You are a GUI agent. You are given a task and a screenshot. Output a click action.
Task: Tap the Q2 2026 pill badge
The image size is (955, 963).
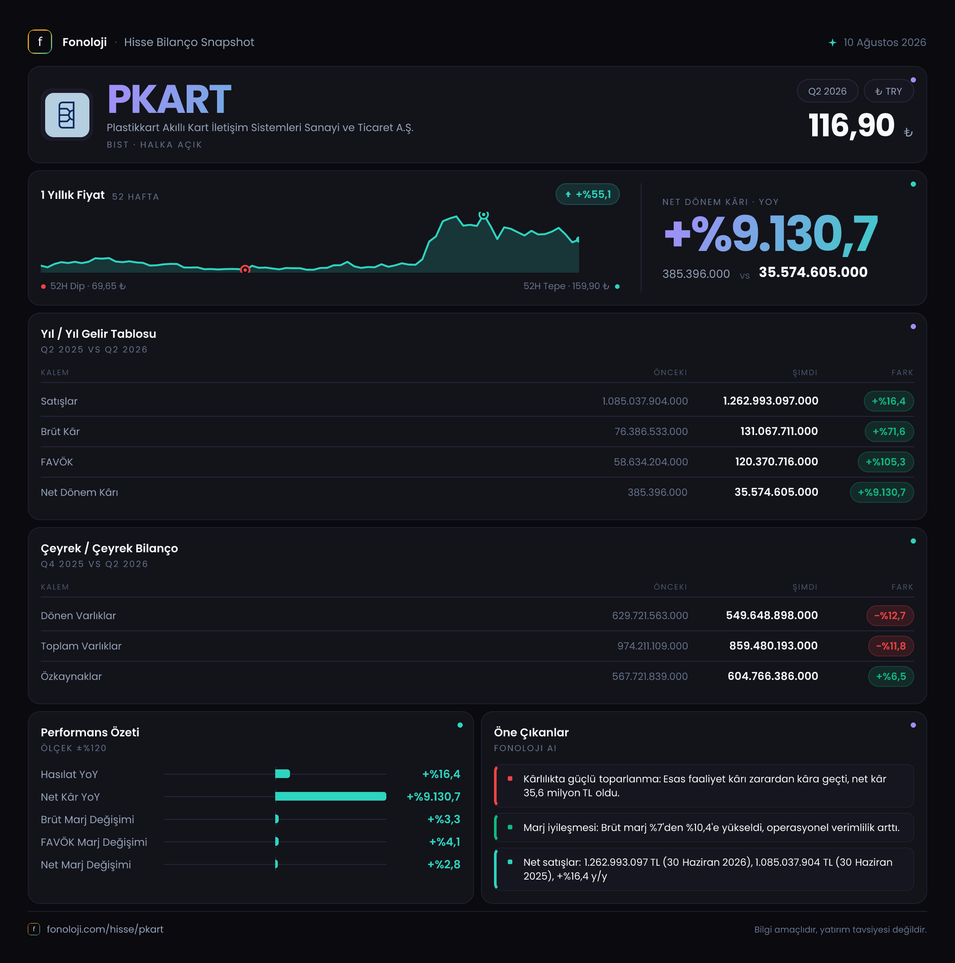827,91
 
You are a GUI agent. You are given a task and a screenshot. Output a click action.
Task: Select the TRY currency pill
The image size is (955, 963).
889,91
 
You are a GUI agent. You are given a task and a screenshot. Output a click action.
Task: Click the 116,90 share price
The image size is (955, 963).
851,125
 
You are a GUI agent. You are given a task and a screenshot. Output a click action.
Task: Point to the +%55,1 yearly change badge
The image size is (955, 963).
588,195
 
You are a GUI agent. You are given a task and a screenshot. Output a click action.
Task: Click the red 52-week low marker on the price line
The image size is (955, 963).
245,270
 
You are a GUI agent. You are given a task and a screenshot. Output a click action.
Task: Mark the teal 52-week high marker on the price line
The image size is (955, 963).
484,215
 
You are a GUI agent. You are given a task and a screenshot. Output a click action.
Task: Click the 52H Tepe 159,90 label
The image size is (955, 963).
566,286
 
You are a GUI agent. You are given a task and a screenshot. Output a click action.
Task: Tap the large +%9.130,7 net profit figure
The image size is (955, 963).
771,233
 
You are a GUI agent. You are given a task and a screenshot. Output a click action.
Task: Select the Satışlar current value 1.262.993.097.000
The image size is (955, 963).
771,401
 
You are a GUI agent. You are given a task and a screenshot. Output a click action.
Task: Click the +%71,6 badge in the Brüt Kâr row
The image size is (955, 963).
889,432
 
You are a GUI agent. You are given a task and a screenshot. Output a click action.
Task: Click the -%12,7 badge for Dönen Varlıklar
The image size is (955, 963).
890,616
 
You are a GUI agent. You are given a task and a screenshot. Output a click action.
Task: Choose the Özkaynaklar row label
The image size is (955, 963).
71,676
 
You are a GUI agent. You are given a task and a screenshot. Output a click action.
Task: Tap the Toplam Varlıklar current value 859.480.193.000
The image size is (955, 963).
773,646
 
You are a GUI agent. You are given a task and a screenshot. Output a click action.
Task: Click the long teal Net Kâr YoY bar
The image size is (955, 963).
330,797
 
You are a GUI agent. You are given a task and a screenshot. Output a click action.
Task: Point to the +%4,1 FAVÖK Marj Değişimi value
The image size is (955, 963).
445,842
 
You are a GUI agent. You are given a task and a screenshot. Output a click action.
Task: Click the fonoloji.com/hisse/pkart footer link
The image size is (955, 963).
105,929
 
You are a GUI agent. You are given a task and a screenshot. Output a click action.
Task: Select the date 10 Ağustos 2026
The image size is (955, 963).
885,43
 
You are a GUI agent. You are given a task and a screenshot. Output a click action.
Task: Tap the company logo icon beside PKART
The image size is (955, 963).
67,115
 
